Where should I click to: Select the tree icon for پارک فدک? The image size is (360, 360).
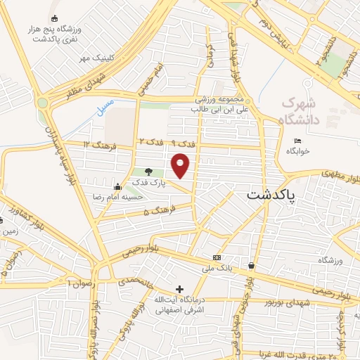[148, 171]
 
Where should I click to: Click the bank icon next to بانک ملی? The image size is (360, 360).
[217, 257]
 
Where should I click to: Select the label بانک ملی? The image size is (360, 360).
[217, 269]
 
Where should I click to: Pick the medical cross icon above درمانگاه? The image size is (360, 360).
[180, 289]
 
